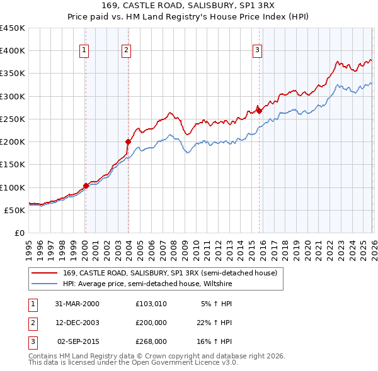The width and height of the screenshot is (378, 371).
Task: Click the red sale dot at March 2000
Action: point(86,185)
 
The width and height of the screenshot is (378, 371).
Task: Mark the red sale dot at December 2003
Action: point(128,141)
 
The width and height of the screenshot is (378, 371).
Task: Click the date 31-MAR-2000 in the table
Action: point(77,304)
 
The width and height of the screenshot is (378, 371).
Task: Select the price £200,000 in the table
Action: point(151,323)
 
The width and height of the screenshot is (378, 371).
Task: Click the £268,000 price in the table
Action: point(151,341)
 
